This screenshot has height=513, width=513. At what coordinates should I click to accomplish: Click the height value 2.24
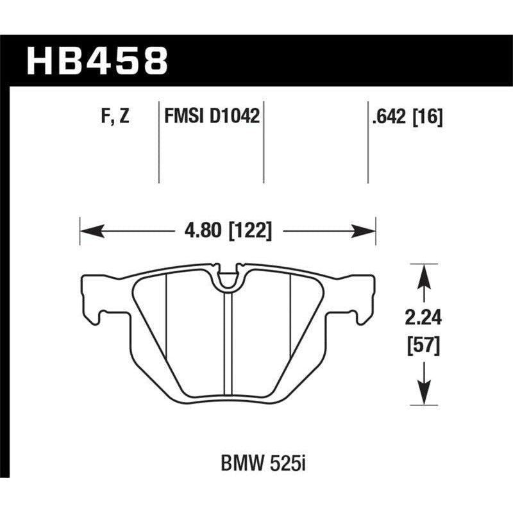click(422, 317)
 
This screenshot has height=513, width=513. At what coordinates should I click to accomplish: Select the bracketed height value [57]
click(422, 347)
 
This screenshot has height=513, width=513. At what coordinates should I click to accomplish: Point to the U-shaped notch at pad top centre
click(228, 278)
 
